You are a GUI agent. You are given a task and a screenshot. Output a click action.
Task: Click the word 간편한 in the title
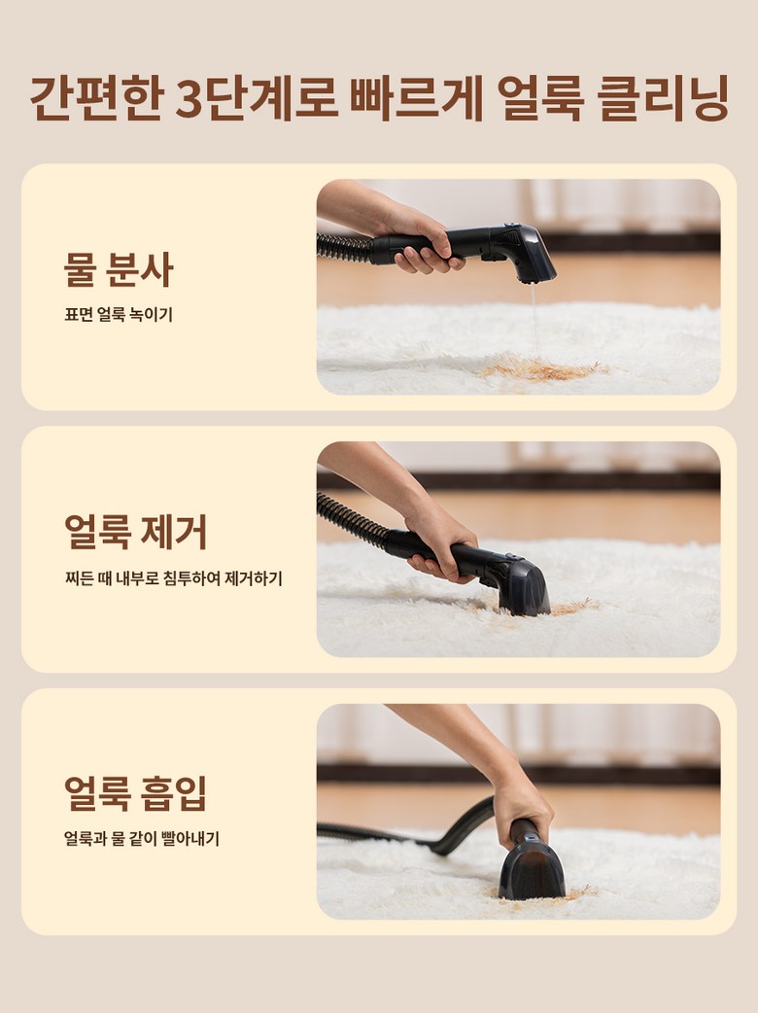(x=95, y=99)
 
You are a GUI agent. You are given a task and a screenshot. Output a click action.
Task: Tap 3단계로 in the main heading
(x=257, y=99)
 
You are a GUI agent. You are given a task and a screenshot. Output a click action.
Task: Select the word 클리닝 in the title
(x=663, y=99)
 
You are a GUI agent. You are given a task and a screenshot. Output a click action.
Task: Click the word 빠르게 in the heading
(x=417, y=99)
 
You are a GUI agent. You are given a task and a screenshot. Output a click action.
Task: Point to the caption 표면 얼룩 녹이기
(x=119, y=315)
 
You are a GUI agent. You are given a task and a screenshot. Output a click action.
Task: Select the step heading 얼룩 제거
(x=136, y=532)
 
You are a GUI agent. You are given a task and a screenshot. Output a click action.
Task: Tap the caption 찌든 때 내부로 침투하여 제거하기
(x=173, y=577)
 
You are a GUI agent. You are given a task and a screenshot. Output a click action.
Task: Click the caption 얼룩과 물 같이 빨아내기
(x=142, y=839)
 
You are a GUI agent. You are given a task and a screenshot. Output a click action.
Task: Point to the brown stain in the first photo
(x=542, y=370)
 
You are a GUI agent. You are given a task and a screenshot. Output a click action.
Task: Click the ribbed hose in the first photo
(x=344, y=248)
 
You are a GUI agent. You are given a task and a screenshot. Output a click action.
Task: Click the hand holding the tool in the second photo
(x=439, y=541)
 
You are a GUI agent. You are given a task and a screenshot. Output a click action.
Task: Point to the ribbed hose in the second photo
(x=352, y=521)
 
